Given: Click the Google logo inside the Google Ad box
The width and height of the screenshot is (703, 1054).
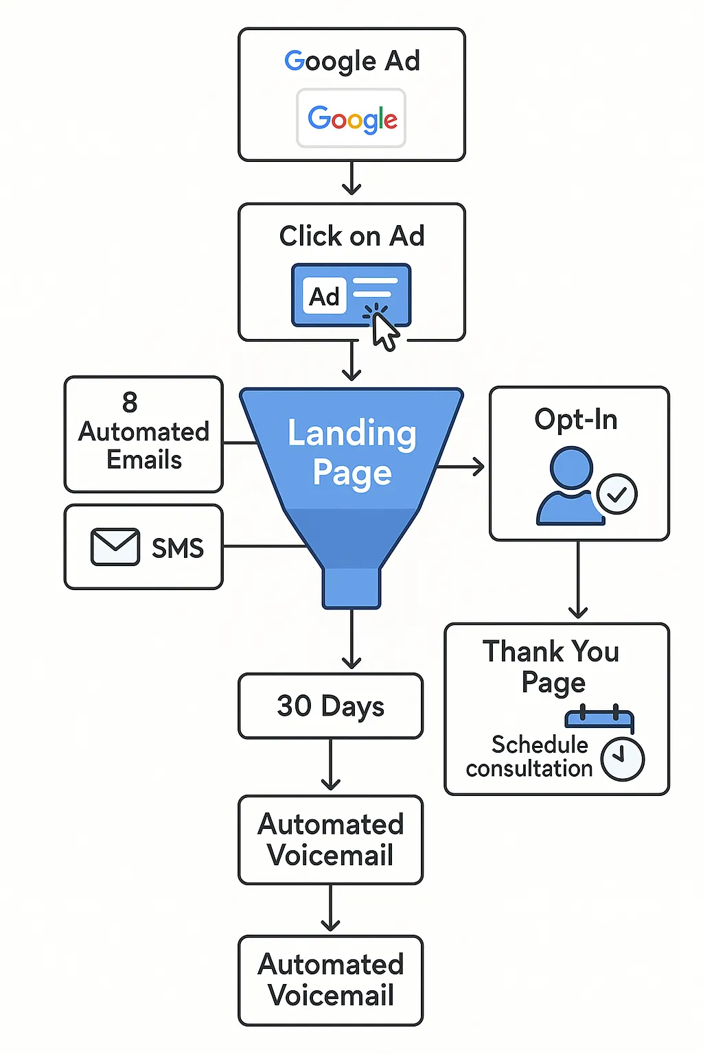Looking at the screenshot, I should [351, 119].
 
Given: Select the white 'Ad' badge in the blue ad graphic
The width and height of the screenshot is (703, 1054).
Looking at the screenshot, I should [324, 296].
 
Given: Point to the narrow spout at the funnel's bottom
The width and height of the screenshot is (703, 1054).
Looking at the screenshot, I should [351, 587].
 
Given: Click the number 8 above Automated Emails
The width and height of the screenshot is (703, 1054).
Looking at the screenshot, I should [130, 402].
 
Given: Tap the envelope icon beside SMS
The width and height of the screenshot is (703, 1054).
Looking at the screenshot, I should [115, 547].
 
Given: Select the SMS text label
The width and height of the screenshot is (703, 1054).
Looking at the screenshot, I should [177, 548].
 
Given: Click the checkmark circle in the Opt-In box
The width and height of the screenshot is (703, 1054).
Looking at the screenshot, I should [616, 494].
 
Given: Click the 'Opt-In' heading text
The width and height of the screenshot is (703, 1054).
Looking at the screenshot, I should [576, 419].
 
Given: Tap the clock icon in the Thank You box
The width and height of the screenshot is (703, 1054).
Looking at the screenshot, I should [623, 759].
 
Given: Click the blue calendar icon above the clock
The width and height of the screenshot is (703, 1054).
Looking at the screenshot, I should [599, 718].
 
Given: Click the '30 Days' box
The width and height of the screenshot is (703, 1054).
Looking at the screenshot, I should [330, 705].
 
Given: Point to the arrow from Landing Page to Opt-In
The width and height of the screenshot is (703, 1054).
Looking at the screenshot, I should [461, 467].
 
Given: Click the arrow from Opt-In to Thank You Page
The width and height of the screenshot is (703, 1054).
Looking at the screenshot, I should [578, 580].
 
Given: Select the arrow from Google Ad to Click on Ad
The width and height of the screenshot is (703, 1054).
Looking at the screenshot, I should [351, 179].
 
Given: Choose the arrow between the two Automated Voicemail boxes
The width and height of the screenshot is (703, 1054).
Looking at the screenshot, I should [330, 909].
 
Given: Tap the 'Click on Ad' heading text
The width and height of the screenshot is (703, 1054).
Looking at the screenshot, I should [351, 236].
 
